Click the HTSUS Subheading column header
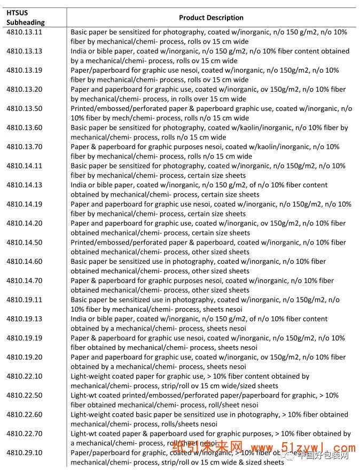point(26,17)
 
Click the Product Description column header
point(211,18)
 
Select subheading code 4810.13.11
point(24,32)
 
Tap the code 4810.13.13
point(24,51)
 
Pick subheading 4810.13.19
point(24,70)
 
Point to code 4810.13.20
point(24,89)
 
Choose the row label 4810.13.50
point(24,108)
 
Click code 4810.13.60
point(24,128)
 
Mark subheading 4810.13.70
point(24,147)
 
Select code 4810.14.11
point(24,166)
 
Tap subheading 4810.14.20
point(24,223)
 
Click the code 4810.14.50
point(24,242)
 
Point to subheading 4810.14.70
point(24,280)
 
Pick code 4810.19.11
point(24,300)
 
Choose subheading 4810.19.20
point(24,357)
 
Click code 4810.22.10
point(24,376)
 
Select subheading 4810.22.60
point(24,414)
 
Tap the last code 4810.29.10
point(24,453)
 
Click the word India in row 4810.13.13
point(80,51)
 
